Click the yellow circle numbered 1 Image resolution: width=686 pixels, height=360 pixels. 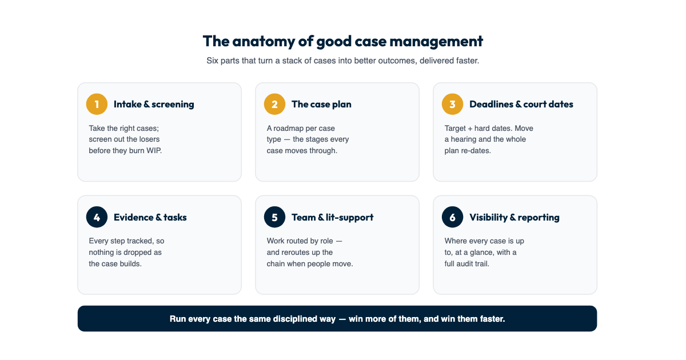click(x=97, y=104)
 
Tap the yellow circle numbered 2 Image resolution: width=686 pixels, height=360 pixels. click(x=275, y=104)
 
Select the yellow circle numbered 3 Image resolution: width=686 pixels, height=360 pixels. click(x=452, y=104)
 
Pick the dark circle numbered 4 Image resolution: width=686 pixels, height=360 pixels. click(x=97, y=217)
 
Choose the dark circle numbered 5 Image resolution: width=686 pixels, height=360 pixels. click(x=275, y=217)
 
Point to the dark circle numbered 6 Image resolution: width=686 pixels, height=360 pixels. click(x=452, y=217)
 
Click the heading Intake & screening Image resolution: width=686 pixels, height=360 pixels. click(x=154, y=105)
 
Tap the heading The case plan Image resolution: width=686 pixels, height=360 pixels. click(x=321, y=105)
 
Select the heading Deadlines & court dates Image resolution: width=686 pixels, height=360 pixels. click(x=521, y=105)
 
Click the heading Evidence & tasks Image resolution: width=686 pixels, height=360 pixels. click(x=150, y=217)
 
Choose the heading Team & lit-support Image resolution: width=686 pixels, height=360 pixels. click(x=332, y=217)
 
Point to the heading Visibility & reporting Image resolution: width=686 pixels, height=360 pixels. click(x=514, y=217)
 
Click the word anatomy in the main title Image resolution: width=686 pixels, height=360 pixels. click(x=264, y=42)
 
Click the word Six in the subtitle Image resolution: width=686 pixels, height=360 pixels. click(x=212, y=61)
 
